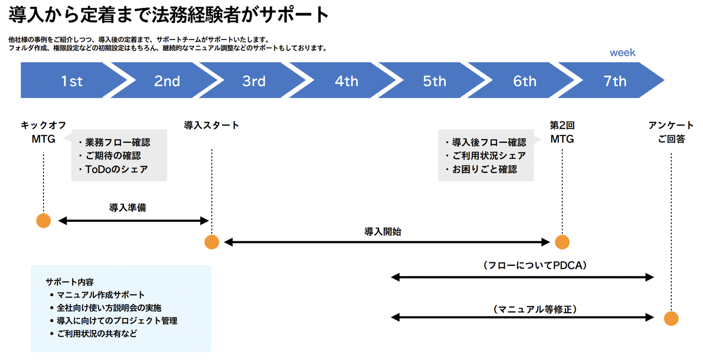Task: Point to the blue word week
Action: [x=622, y=53]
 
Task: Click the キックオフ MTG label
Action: [x=43, y=132]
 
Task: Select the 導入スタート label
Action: [x=212, y=126]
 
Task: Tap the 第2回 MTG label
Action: [x=562, y=132]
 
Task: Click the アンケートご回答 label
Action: [x=671, y=132]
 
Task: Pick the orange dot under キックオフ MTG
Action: [x=43, y=221]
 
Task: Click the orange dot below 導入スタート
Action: [x=211, y=242]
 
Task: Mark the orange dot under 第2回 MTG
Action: [x=562, y=242]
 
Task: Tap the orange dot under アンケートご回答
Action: [x=671, y=318]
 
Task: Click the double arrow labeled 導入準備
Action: [x=133, y=221]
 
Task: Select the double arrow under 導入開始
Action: [x=387, y=242]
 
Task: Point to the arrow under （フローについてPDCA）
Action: [x=522, y=277]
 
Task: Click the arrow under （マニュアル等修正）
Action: [x=522, y=318]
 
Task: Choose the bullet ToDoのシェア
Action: [x=113, y=169]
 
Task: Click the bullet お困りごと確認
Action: [x=481, y=169]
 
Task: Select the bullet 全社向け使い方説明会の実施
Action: [x=109, y=308]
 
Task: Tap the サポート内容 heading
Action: [x=69, y=282]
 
